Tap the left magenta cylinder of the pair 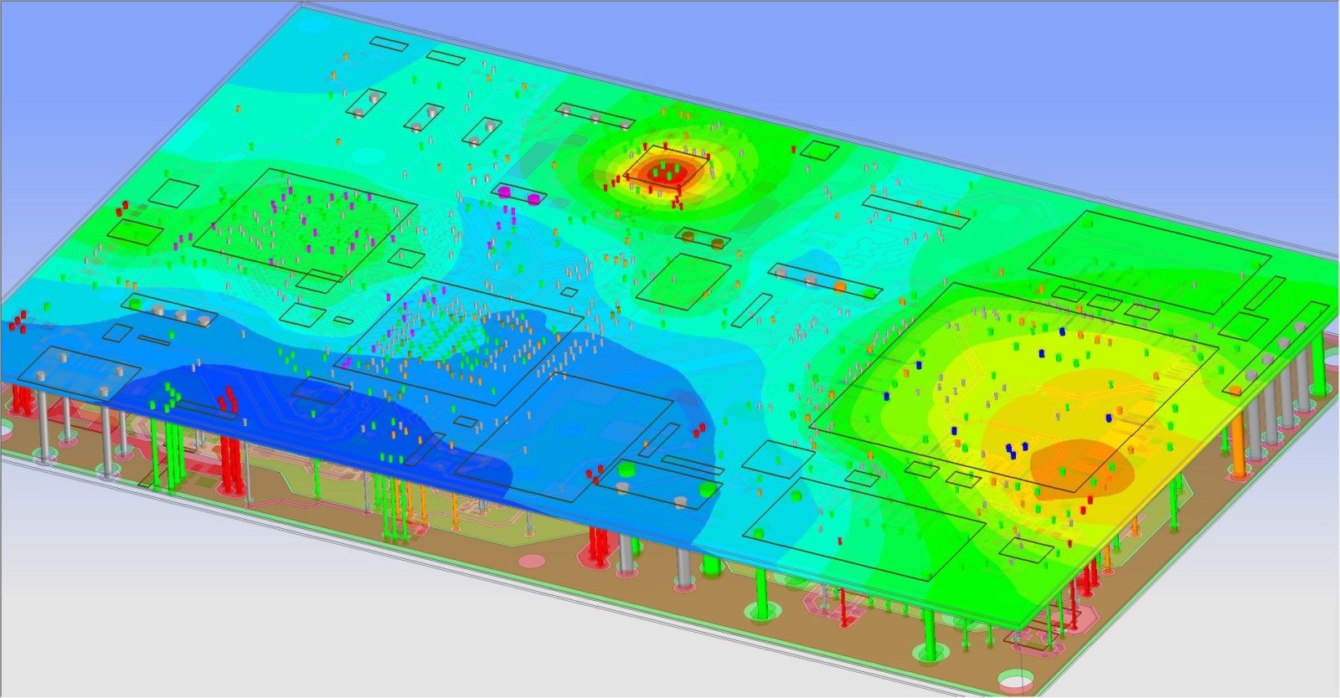(505, 192)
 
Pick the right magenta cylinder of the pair (533, 198)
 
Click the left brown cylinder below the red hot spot (688, 237)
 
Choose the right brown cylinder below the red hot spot (718, 243)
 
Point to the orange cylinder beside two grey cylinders (839, 286)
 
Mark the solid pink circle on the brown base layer (533, 558)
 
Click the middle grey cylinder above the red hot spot (596, 119)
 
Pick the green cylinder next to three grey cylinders (134, 303)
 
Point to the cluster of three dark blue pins (1011, 450)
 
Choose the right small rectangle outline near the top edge (446, 58)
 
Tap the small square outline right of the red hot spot (819, 150)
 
